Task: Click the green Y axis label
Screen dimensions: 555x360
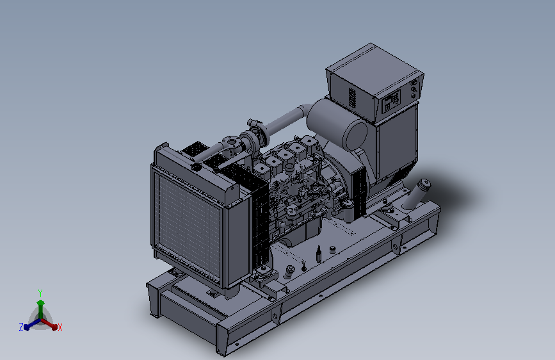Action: (x=40, y=293)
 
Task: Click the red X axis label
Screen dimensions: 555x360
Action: (x=60, y=328)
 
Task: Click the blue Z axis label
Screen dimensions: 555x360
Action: (x=21, y=327)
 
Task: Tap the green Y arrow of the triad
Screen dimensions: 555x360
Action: (x=41, y=309)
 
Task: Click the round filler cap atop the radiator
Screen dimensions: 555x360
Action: (x=196, y=166)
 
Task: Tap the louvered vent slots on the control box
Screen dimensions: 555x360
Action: (x=352, y=97)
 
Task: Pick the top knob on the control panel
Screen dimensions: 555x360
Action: (x=414, y=83)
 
